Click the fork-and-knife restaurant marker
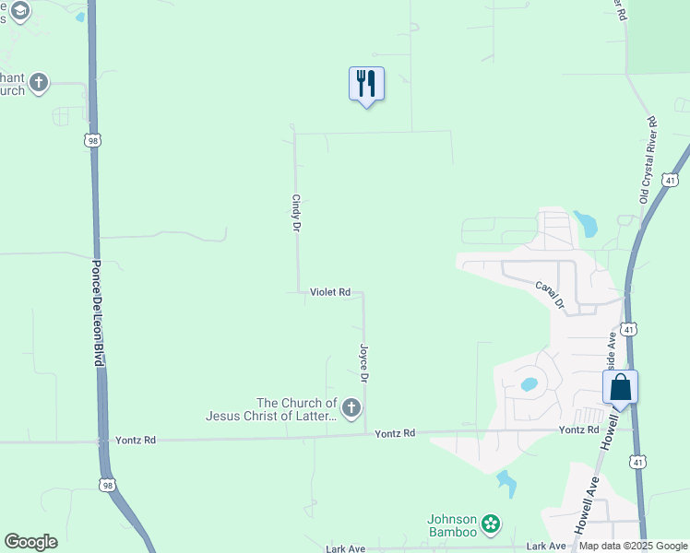[366, 84]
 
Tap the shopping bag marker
[621, 387]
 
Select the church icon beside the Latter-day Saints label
[351, 407]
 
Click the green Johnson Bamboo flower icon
[491, 524]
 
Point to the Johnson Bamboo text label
[451, 524]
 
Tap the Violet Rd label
[329, 292]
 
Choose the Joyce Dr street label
[363, 364]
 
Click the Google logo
[30, 542]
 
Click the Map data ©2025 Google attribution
[634, 546]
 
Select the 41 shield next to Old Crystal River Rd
[671, 179]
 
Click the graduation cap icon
[19, 10]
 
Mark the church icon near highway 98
[39, 83]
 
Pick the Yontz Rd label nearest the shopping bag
[578, 430]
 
